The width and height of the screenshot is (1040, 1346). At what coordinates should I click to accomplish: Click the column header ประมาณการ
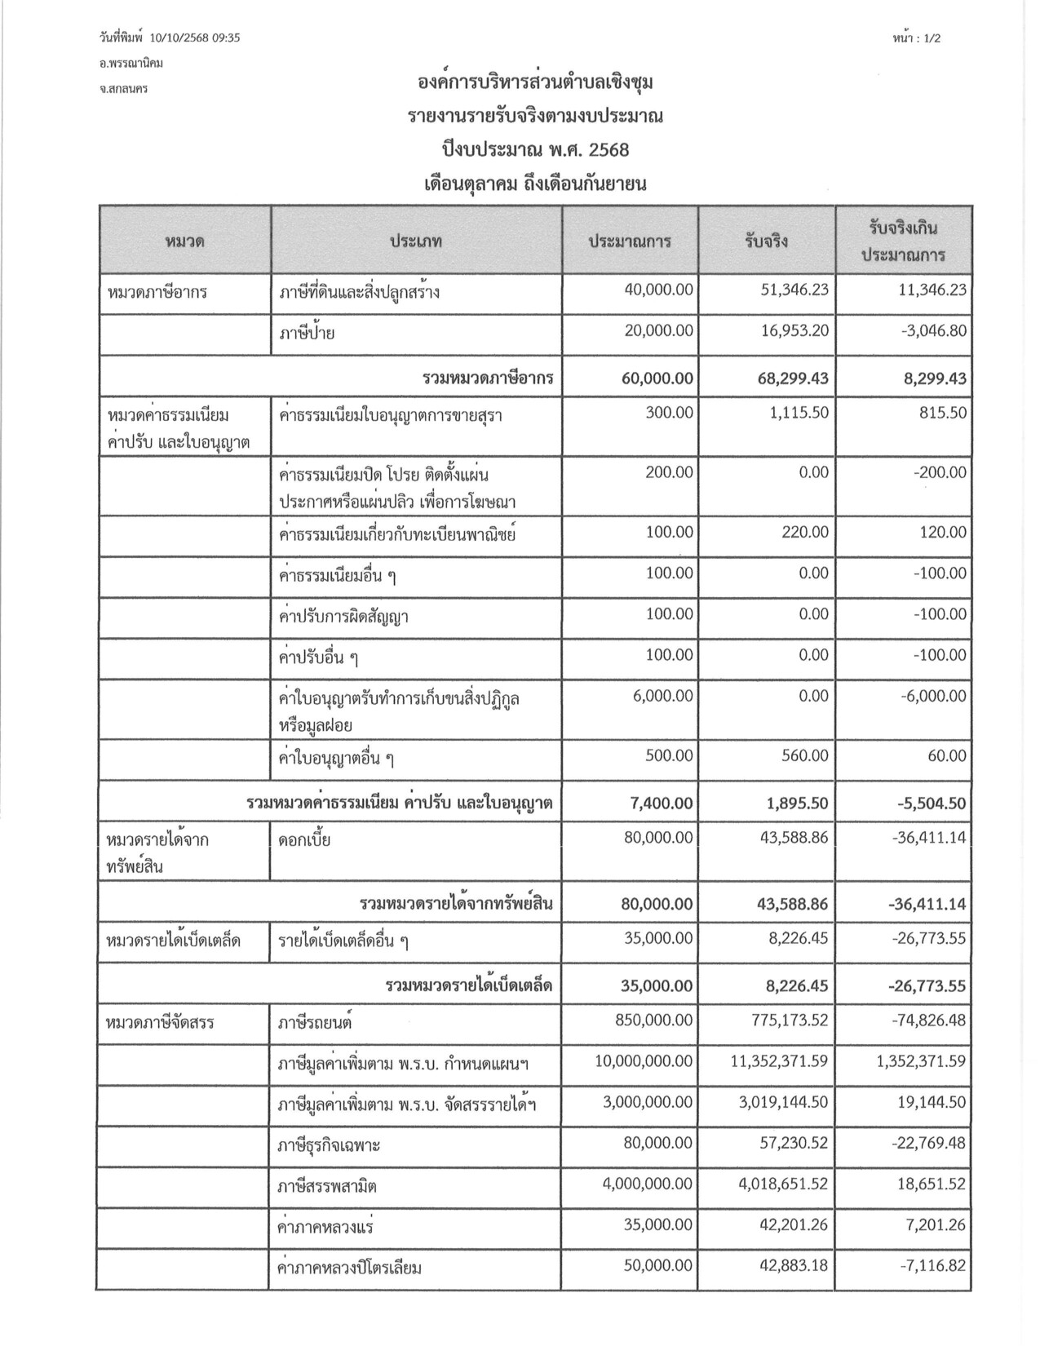[630, 241]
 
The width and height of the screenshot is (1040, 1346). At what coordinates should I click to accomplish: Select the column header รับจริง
[766, 241]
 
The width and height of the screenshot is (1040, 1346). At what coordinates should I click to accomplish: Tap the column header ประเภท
[416, 241]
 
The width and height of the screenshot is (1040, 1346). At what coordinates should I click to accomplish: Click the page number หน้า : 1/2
[917, 38]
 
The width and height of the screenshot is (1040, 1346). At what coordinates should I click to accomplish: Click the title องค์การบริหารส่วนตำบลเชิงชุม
[535, 83]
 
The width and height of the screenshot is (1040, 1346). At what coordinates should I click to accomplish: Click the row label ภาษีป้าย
[307, 332]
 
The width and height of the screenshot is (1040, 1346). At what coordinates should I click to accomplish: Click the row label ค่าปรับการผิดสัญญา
[343, 617]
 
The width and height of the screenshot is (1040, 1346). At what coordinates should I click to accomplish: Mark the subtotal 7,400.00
[662, 804]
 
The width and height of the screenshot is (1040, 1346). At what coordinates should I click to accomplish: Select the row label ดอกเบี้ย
[304, 839]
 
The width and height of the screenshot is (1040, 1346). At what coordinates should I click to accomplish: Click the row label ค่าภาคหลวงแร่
[326, 1226]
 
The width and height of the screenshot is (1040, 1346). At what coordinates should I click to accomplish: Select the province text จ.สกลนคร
[123, 89]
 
